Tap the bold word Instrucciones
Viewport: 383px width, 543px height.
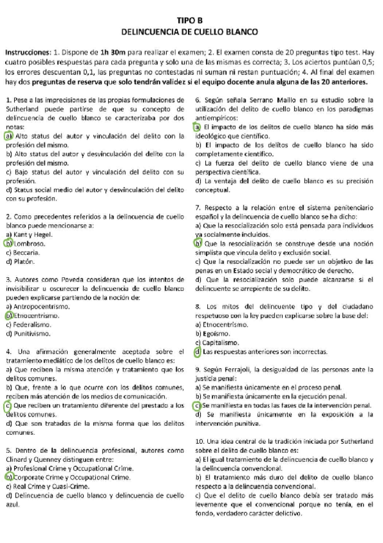tap(28, 51)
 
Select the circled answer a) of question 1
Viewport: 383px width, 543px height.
tap(8, 136)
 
